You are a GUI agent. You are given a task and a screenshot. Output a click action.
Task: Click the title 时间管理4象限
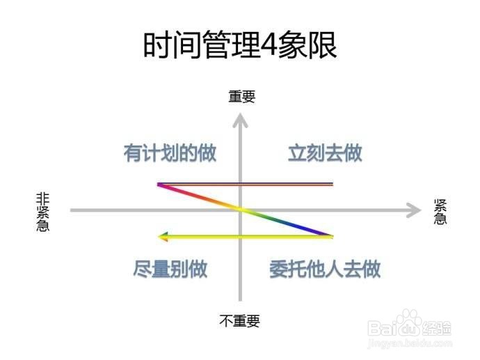coord(239,46)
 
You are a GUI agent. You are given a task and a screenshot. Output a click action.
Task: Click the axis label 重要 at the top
coord(241,97)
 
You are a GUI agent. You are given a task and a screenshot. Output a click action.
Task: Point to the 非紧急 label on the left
coord(42,212)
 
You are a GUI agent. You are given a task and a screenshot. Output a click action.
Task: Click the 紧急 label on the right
coord(440,211)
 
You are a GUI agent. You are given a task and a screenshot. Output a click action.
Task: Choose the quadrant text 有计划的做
coord(170,153)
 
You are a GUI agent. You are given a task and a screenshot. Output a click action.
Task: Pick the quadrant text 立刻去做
coord(325,153)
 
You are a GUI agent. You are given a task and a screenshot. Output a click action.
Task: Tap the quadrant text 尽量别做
coord(170,269)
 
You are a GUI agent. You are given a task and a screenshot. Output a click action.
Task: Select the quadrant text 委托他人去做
coord(325,269)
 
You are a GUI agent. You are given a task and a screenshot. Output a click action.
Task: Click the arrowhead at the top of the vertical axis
coord(241,120)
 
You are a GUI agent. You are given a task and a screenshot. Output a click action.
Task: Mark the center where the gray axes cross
coord(241,210)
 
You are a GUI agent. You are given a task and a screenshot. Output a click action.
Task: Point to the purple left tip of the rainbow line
coord(160,185)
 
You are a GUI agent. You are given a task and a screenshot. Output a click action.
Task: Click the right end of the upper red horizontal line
coord(332,185)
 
